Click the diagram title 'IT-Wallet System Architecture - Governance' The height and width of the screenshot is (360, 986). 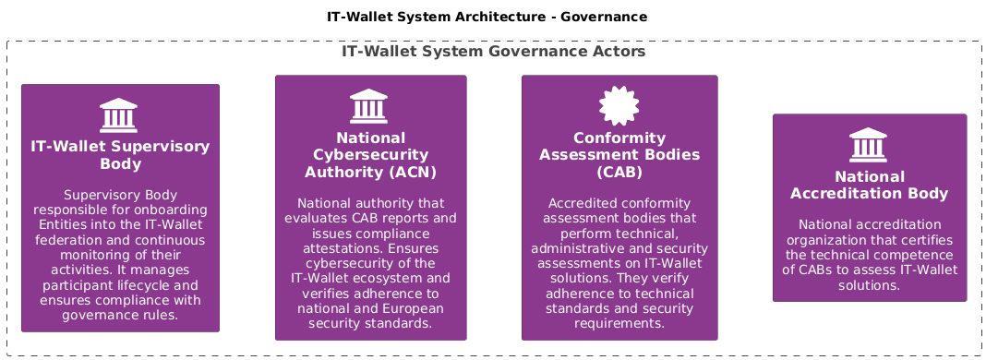point(487,17)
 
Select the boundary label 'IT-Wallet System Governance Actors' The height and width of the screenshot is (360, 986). point(494,52)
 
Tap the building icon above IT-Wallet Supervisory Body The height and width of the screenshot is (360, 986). point(118,115)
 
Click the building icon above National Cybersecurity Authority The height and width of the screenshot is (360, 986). point(368,106)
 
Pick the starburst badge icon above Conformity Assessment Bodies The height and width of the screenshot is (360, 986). point(619,105)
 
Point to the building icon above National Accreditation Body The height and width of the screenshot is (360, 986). point(868,145)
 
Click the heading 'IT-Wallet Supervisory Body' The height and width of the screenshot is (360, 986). point(120,155)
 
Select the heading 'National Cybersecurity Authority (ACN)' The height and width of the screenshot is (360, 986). point(370,155)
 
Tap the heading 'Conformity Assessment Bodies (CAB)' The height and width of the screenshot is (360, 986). point(619,155)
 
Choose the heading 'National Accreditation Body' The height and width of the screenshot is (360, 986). point(869,186)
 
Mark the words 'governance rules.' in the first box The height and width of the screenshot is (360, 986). point(120,316)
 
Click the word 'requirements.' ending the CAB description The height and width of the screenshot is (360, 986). point(619,324)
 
